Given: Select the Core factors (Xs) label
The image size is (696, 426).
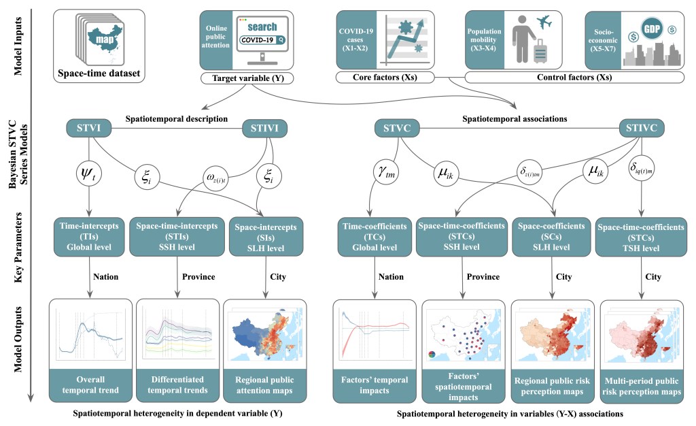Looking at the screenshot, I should [x=385, y=79].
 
